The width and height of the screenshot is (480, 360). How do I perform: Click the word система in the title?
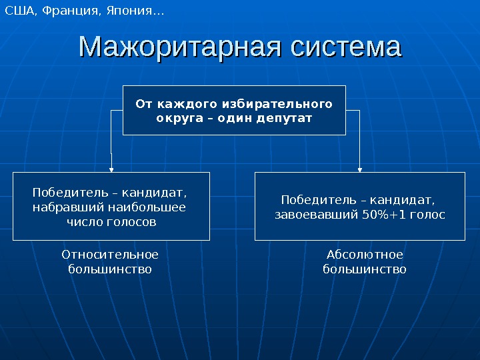(x=346, y=48)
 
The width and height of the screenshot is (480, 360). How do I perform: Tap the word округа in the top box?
(x=175, y=118)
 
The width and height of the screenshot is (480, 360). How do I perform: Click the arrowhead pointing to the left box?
(x=111, y=169)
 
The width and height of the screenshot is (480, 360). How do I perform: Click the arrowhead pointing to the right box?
(x=360, y=169)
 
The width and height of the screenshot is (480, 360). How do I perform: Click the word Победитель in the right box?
(x=309, y=200)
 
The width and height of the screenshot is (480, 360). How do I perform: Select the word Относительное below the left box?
(x=110, y=255)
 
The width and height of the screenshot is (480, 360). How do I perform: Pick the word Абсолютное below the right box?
(x=365, y=255)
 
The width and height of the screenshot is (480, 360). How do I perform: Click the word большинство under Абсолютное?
(x=365, y=269)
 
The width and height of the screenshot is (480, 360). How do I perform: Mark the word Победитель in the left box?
(x=61, y=193)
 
